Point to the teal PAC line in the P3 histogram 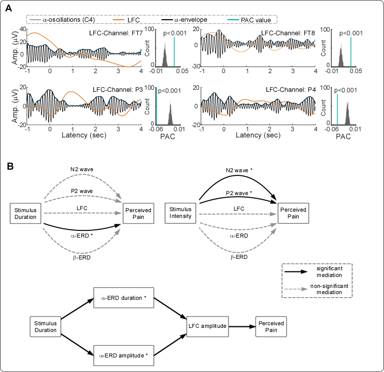157,106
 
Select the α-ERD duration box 123,298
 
